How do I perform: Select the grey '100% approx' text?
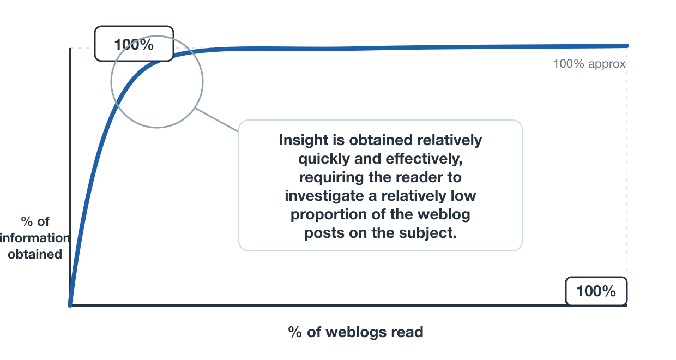point(589,64)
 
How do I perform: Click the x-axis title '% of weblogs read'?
point(355,332)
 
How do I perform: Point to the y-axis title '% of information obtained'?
point(35,238)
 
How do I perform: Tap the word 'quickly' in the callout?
point(324,159)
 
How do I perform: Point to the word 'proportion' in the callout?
point(328,215)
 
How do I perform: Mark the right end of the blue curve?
point(627,46)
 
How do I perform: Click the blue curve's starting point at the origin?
point(70,305)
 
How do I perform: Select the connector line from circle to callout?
point(216,120)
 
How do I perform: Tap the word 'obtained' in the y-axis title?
point(35,254)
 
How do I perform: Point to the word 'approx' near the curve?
point(607,64)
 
